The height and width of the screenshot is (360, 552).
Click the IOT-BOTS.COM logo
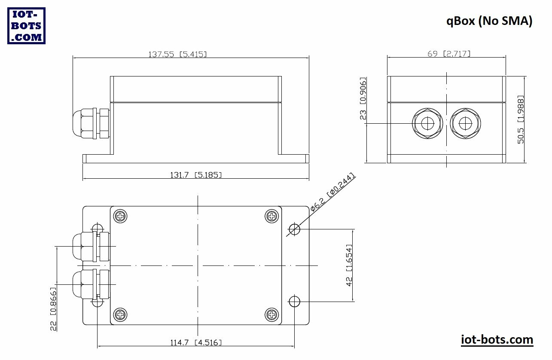coord(26,26)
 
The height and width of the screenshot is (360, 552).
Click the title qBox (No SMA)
coord(489,21)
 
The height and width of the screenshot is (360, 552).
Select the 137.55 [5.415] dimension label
coord(177,54)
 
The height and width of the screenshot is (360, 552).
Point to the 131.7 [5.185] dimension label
coord(196,175)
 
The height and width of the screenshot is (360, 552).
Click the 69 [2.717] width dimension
coord(449,54)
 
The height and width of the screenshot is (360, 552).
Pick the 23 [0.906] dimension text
coord(363,98)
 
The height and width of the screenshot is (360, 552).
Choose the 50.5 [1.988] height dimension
coord(521,119)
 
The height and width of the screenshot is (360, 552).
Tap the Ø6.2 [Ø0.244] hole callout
coord(332,192)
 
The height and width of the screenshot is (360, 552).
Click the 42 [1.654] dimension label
coord(349,265)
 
